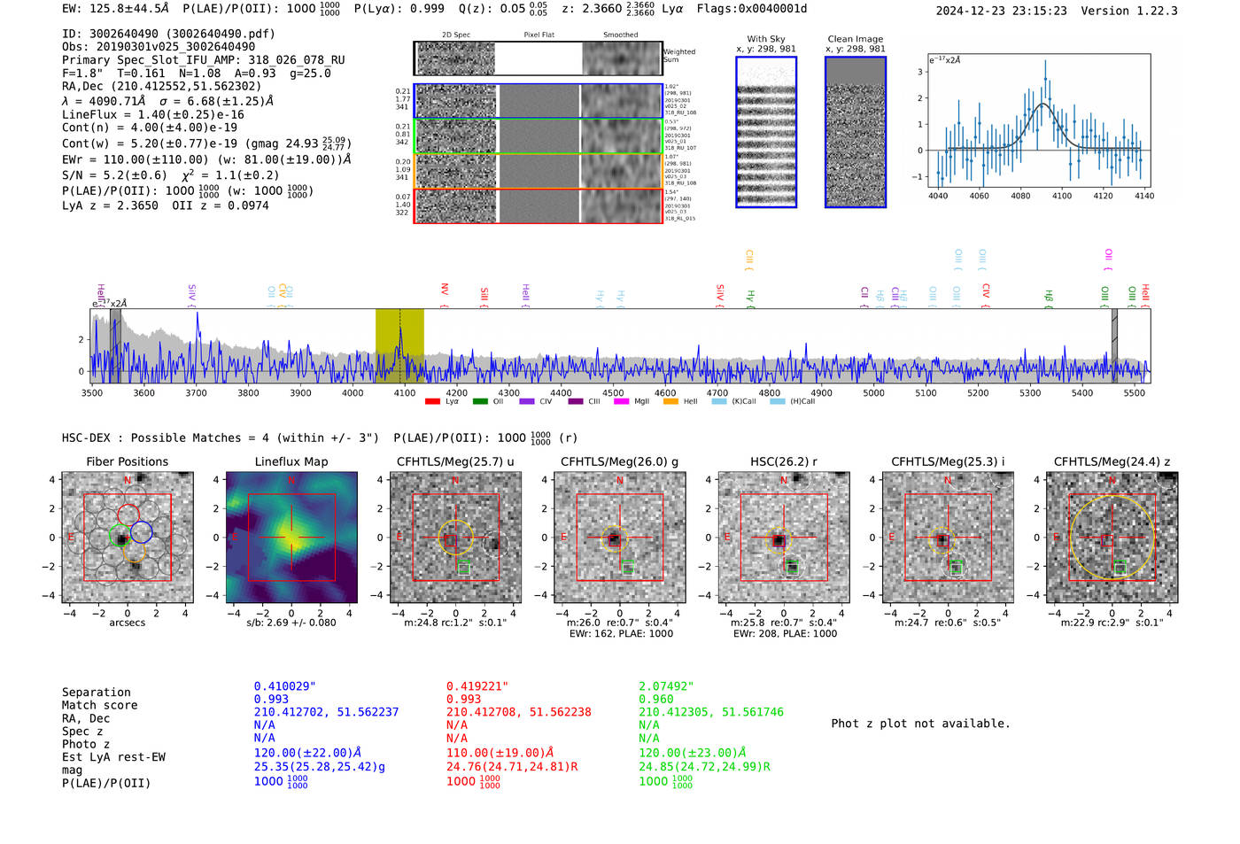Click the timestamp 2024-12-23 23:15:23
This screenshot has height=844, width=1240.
click(x=1001, y=11)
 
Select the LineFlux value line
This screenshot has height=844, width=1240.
click(x=153, y=114)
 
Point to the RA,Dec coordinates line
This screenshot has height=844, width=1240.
click(x=161, y=86)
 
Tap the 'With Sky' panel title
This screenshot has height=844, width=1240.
click(x=766, y=39)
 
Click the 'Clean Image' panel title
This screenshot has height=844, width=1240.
click(x=855, y=39)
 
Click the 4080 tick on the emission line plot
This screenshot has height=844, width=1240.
click(x=1020, y=196)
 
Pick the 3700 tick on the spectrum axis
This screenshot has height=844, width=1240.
click(x=196, y=392)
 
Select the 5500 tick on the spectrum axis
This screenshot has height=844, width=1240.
click(x=1134, y=392)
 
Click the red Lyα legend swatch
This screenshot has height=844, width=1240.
click(x=433, y=402)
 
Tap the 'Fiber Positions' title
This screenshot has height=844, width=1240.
click(x=127, y=461)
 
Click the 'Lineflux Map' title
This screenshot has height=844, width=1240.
click(x=291, y=461)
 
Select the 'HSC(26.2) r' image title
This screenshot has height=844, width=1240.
click(x=784, y=461)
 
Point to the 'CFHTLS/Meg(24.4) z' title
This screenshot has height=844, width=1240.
click(x=1112, y=461)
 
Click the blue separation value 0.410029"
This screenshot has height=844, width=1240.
click(x=284, y=686)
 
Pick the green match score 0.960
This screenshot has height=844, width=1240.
click(x=655, y=700)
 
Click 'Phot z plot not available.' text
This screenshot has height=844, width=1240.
click(x=920, y=724)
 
